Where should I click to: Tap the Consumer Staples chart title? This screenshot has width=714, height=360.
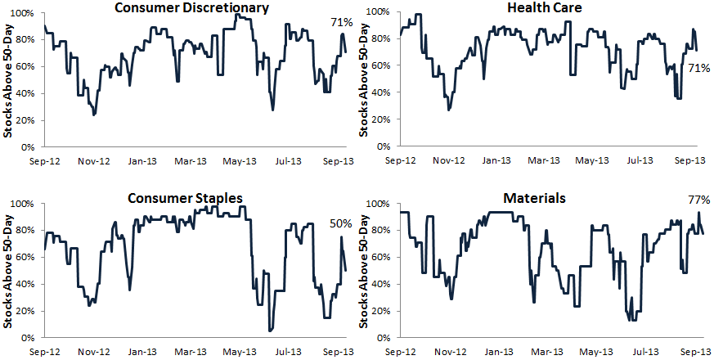tap(185, 198)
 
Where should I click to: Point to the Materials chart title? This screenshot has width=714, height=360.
tap(535, 198)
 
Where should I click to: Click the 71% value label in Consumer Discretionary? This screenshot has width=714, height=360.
tap(340, 22)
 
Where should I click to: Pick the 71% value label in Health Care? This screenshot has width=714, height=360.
tap(699, 69)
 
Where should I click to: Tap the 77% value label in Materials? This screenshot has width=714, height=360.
tap(699, 200)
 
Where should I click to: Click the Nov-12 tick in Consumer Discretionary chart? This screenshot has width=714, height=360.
tap(94, 161)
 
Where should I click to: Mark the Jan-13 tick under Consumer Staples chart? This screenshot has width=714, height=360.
tap(143, 353)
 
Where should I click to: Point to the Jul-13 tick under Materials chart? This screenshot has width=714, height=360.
tap(640, 352)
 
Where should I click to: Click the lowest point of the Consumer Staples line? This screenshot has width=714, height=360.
tap(270, 331)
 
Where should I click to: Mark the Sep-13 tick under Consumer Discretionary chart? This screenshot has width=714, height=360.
tap(339, 161)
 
